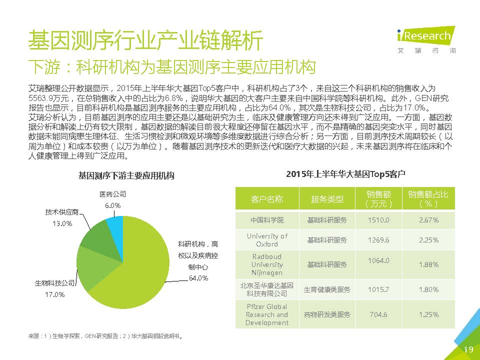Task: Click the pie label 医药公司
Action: coord(113,194)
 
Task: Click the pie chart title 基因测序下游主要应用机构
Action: coord(126,176)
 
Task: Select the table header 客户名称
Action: coord(267,199)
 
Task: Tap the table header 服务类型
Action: coord(327,199)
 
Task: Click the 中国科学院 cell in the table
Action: coord(267,220)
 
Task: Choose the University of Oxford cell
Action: coord(267,240)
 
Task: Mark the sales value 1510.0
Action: coord(378,220)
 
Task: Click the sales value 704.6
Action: coord(378,314)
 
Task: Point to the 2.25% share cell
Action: coord(429,240)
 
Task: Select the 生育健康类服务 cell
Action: coord(327,289)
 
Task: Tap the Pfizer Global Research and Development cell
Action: coord(267,314)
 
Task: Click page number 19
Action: coord(468,349)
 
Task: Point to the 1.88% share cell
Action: coord(429,264)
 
